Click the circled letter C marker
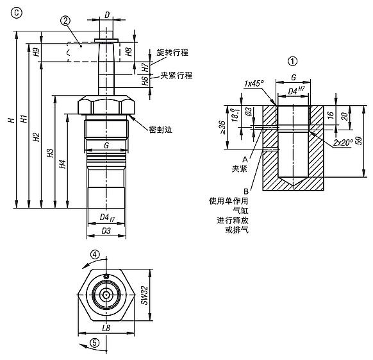[x=17, y=13]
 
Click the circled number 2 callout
[x=65, y=21]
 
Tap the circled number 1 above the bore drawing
[x=293, y=61]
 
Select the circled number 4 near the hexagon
[x=95, y=255]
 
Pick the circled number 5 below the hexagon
[x=95, y=343]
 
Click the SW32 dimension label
[x=144, y=295]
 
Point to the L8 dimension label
[x=106, y=328]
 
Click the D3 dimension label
[x=106, y=230]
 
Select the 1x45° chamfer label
[x=254, y=83]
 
